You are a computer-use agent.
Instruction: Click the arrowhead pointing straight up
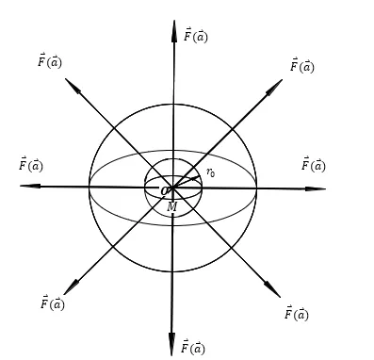point(174,31)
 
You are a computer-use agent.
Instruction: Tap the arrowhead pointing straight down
point(171,345)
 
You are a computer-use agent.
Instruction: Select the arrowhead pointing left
point(30,186)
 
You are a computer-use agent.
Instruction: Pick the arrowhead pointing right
point(316,188)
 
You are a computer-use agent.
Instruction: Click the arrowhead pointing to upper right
point(275,87)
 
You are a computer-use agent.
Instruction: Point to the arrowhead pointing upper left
point(73,86)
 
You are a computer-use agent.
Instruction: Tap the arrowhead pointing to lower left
point(71,287)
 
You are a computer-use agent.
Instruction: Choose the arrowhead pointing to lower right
point(272,289)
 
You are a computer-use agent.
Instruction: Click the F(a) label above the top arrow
point(196,35)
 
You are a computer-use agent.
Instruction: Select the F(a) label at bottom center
point(193,347)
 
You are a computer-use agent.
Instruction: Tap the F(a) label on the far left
point(31,164)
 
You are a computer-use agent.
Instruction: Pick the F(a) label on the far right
point(314,164)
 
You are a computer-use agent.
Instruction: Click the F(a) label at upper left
point(50,60)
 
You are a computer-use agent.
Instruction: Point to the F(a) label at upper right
point(302,66)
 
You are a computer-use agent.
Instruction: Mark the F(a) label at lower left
point(53,303)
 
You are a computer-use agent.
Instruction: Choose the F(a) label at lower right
point(297,313)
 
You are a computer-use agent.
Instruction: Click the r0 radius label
point(211,172)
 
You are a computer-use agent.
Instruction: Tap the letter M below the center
point(172,206)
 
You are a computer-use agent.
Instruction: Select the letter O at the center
point(165,190)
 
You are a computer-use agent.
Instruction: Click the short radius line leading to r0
point(186,183)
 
